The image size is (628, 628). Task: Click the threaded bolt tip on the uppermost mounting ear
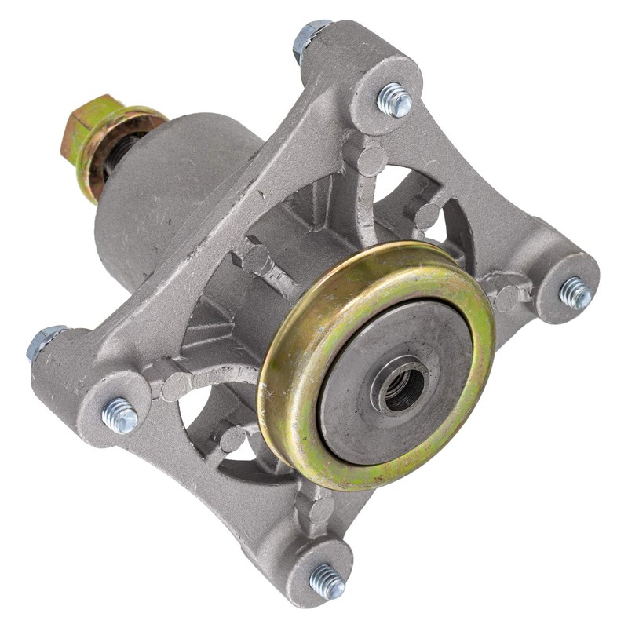coord(394,100)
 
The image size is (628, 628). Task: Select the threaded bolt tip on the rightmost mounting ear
coord(575,293)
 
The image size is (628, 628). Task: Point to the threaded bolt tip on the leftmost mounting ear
coord(120,415)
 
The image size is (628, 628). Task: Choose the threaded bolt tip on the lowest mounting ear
coord(327,582)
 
